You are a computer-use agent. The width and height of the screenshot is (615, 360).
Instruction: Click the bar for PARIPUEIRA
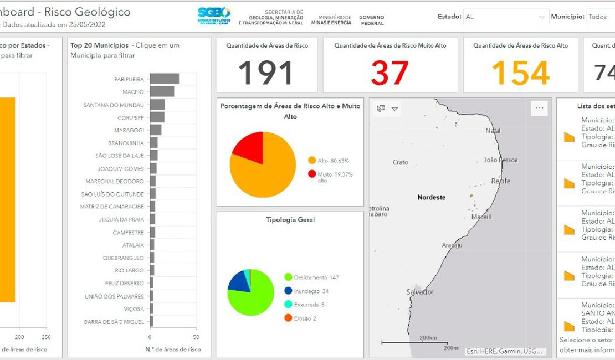(164, 79)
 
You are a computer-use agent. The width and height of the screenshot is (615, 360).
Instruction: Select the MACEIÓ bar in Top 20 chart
(162, 91)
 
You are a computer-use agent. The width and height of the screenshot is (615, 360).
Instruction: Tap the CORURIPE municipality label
(130, 118)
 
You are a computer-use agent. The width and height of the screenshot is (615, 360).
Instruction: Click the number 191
(266, 73)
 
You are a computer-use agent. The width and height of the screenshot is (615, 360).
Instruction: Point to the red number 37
(390, 73)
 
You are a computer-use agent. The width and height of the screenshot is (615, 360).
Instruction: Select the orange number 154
(520, 73)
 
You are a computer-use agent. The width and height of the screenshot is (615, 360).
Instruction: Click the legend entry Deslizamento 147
(316, 277)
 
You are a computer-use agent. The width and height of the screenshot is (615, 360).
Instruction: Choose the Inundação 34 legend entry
(311, 291)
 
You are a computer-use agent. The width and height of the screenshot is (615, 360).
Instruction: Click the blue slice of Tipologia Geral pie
(239, 281)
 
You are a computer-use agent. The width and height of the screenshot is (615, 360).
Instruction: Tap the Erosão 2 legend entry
(304, 318)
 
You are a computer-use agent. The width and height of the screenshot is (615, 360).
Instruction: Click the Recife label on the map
(500, 181)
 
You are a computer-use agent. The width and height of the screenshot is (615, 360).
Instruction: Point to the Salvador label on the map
(420, 291)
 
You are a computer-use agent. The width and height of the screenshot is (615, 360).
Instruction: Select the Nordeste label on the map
(431, 197)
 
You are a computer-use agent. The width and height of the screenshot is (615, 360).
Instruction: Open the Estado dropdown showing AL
(505, 17)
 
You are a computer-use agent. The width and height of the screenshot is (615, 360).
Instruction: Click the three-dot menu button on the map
(539, 109)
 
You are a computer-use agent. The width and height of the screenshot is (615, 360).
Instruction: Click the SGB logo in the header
(214, 16)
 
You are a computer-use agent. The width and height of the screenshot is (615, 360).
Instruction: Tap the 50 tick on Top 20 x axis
(196, 337)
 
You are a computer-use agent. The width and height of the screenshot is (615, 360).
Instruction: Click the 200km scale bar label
(428, 337)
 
